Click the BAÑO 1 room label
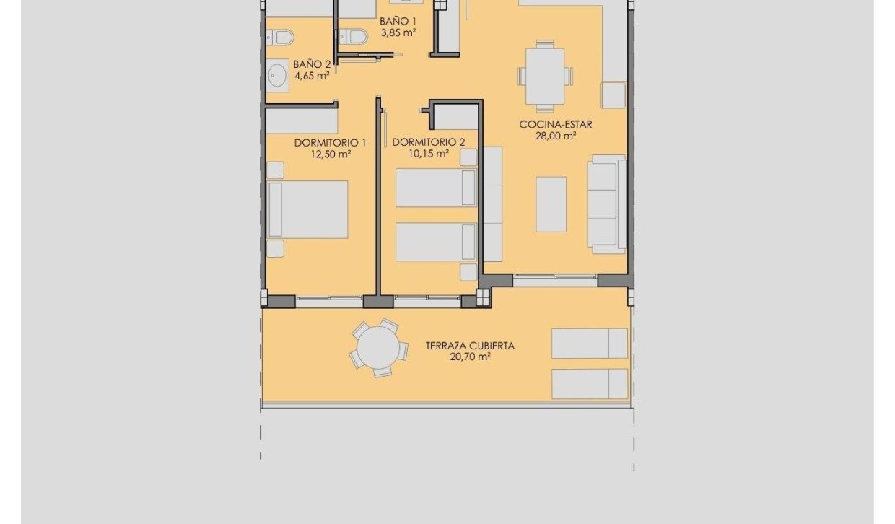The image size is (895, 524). [x=398, y=21]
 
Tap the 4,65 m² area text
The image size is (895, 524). [x=312, y=75]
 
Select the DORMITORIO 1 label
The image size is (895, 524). [x=330, y=143]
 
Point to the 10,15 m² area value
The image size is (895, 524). [x=429, y=153]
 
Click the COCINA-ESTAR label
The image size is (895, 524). [x=555, y=124]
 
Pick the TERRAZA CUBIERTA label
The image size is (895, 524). [x=470, y=346]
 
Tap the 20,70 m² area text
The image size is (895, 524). [x=470, y=357]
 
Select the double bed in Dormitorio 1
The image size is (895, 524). [x=308, y=209]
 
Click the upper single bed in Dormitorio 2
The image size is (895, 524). [x=436, y=188]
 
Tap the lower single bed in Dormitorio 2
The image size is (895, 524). [x=436, y=242]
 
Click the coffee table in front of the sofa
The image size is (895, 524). [x=551, y=204]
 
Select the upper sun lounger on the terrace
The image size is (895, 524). [x=590, y=343]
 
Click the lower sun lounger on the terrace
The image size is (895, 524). [x=590, y=383]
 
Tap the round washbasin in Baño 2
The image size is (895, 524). [x=278, y=74]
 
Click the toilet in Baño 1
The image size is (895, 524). [x=354, y=34]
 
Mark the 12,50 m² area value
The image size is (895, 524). [x=330, y=154]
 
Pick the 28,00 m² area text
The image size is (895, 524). [x=555, y=136]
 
